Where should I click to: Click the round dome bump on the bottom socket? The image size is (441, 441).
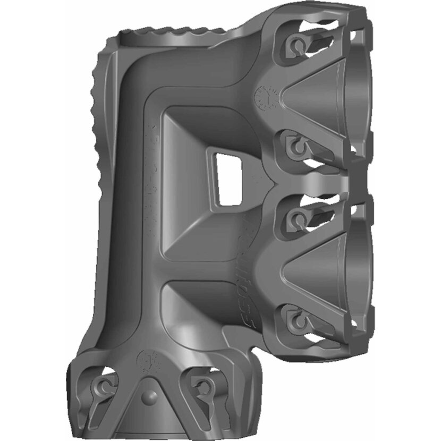tap(149, 399)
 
